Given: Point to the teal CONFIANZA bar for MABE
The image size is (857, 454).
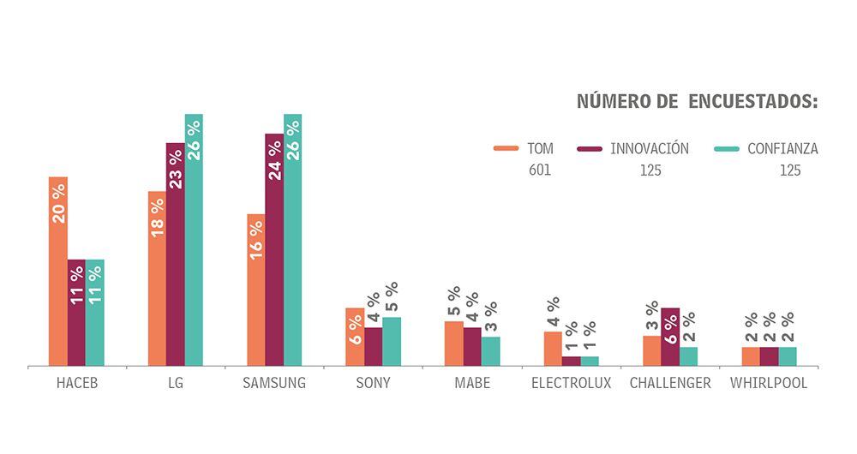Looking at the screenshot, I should (490, 352).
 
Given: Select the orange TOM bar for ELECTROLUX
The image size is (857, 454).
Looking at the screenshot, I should (553, 349).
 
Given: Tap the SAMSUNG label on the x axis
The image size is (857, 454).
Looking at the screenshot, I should (274, 383).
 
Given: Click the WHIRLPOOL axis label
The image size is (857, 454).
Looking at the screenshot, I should (769, 383).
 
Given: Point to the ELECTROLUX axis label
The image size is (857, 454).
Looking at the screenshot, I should (571, 383).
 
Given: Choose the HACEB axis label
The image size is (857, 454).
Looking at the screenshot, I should (77, 383).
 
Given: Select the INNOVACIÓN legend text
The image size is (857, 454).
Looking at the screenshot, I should (650, 148).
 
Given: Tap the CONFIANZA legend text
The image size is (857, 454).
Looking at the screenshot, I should (782, 148).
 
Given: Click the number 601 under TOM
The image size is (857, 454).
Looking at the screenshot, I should (540, 170).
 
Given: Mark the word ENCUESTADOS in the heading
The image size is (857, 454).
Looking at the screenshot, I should (753, 102).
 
